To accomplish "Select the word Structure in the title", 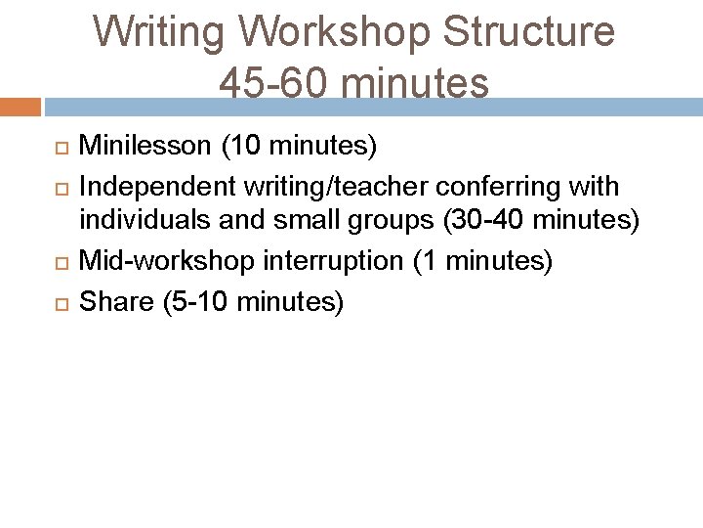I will tap(529, 33).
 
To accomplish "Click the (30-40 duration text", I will tap(486, 221).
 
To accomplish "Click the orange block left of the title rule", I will tap(20, 106).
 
